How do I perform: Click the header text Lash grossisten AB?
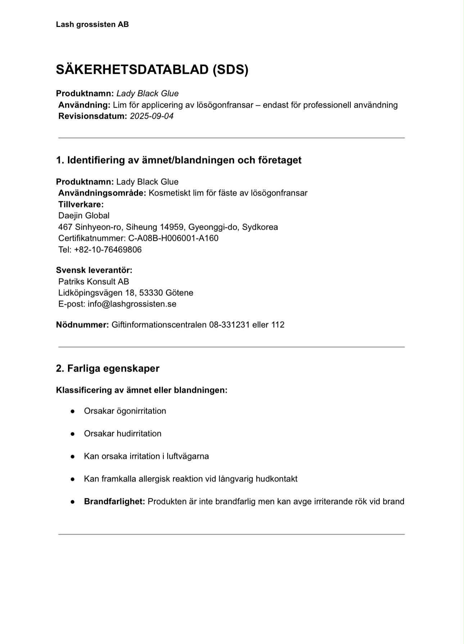coord(92,24)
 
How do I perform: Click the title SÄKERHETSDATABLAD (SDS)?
coord(152,69)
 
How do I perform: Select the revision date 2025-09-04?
coord(151,116)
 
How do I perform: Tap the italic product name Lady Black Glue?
coord(147,93)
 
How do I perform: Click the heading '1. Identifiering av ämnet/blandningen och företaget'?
coord(178,160)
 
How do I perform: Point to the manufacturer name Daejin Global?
coord(84,216)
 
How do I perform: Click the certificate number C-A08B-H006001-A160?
coord(173,238)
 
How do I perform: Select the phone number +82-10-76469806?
coord(108,250)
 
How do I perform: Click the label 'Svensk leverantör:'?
coord(94,270)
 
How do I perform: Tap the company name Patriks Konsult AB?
coord(94,282)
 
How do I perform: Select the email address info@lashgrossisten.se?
coord(132,304)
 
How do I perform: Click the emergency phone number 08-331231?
coord(229,325)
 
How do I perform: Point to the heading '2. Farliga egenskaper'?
coord(108,368)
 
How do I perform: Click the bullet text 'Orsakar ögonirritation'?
coord(125,411)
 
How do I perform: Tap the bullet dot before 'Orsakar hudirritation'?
coord(73,434)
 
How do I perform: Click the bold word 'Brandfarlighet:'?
coord(114,502)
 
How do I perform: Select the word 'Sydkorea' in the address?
coord(260,227)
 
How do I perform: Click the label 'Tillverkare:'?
coord(81,204)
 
